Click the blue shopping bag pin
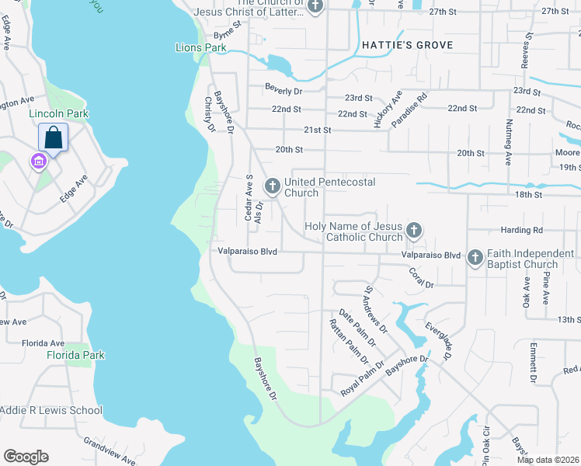[x=53, y=138]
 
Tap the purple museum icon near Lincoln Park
[x=37, y=162]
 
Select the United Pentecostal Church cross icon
[x=272, y=186]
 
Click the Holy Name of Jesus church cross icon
[x=414, y=230]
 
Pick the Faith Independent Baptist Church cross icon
[x=475, y=259]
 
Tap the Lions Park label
[x=200, y=48]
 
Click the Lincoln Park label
[x=58, y=113]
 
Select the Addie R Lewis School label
[x=51, y=410]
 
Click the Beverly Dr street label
[x=282, y=87]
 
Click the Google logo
[x=26, y=457]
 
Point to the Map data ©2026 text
[x=548, y=460]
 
